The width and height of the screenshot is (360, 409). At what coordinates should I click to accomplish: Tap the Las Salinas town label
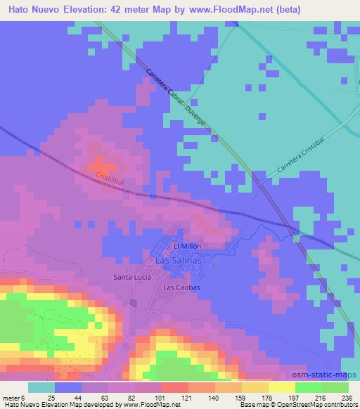177,261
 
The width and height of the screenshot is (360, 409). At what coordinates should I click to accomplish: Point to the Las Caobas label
182,288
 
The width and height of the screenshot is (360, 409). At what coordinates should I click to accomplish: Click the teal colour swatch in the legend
41,387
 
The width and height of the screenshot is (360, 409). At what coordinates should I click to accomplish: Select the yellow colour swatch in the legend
282,387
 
